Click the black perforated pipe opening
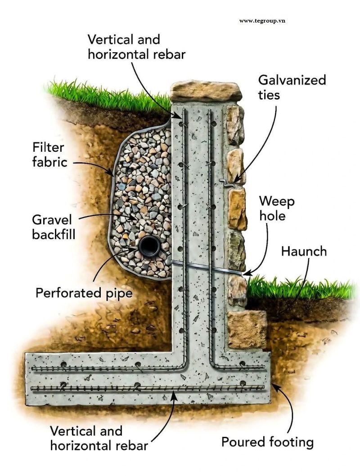(x=149, y=246)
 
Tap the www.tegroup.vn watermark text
(x=262, y=21)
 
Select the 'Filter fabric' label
(x=50, y=154)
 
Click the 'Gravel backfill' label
(x=54, y=227)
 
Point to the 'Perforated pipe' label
(x=84, y=293)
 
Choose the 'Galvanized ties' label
(x=292, y=87)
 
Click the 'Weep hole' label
(x=277, y=209)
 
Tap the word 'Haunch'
(x=304, y=251)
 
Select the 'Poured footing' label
(x=267, y=442)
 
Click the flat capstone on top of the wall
(x=206, y=91)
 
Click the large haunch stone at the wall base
(x=247, y=329)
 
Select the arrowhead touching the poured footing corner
(x=275, y=386)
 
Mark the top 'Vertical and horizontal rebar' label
(x=136, y=47)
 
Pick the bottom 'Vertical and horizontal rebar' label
(x=99, y=438)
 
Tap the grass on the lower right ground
(x=300, y=288)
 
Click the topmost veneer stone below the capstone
(x=235, y=125)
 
